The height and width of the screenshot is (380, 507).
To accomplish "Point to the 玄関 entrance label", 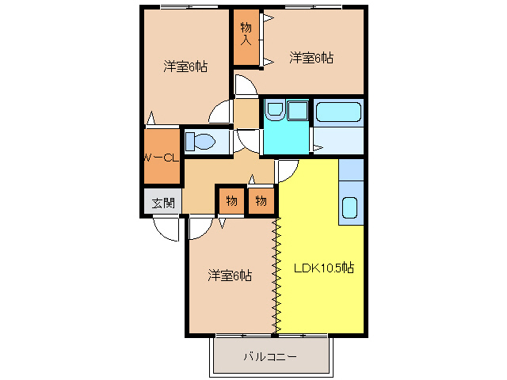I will pyautogui.click(x=163, y=202).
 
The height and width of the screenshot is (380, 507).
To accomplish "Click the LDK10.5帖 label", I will pyautogui.click(x=324, y=268).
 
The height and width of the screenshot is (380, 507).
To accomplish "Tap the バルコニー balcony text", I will pyautogui.click(x=270, y=357).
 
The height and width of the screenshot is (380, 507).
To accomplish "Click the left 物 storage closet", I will pyautogui.click(x=231, y=201).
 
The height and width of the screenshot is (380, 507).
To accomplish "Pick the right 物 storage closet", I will pyautogui.click(x=262, y=201).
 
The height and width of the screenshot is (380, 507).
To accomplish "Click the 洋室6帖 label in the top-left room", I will pyautogui.click(x=185, y=66).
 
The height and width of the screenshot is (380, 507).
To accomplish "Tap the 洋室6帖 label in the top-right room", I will pyautogui.click(x=311, y=58).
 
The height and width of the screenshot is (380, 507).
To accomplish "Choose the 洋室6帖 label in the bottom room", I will pyautogui.click(x=230, y=275).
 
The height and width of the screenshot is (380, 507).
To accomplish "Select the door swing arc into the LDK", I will pyautogui.click(x=287, y=169).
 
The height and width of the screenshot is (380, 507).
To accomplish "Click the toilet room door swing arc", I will pyautogui.click(x=249, y=142).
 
